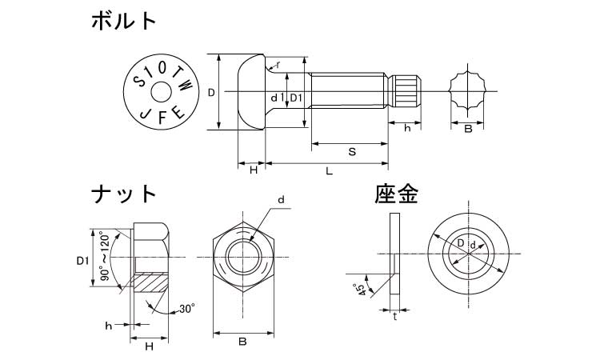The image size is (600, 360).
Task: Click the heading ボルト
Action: (124, 22)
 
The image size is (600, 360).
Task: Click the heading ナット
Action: (123, 194)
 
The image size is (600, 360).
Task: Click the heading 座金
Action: (398, 194)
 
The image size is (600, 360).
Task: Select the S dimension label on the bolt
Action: (351, 152)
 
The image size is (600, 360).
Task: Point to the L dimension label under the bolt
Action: (328, 171)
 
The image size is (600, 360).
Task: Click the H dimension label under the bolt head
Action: (252, 170)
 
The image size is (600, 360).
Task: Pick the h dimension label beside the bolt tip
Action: (407, 129)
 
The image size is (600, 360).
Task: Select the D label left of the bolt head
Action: (210, 93)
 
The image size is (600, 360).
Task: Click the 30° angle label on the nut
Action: (186, 308)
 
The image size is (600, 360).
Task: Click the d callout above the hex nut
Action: (282, 199)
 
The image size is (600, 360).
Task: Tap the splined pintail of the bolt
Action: (406, 92)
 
